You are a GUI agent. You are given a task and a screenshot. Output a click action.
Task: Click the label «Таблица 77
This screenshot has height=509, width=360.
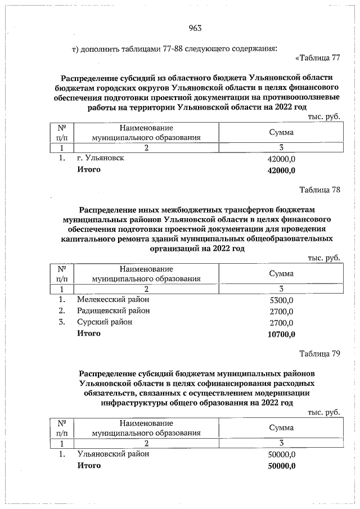point(318,57)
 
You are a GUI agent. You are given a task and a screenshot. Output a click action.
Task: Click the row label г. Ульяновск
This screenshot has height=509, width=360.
point(101,158)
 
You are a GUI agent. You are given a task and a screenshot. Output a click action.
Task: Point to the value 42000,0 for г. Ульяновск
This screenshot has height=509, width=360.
point(282,160)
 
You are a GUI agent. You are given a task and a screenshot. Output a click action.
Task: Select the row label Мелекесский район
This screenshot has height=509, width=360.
point(113,299)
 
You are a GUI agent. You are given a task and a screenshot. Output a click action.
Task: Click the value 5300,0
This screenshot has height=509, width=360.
point(282,300)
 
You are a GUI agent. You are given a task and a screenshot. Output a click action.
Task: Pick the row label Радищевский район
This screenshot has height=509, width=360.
point(114,310)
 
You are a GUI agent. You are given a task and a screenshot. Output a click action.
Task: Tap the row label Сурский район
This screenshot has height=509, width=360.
point(105,322)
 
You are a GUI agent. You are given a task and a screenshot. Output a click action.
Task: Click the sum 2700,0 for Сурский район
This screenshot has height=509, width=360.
point(282,323)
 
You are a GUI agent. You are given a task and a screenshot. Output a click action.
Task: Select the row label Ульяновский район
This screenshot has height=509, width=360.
point(113,453)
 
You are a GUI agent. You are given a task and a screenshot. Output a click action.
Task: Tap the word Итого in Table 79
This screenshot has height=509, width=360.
point(89,466)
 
